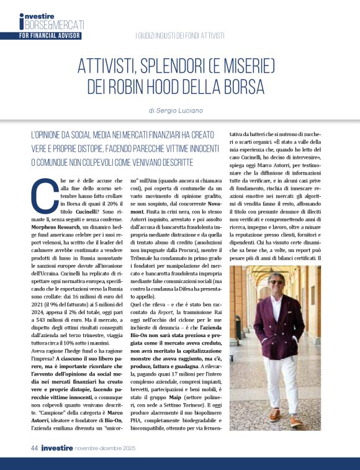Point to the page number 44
coord(36,447)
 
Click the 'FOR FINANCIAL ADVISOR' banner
coord(50,36)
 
